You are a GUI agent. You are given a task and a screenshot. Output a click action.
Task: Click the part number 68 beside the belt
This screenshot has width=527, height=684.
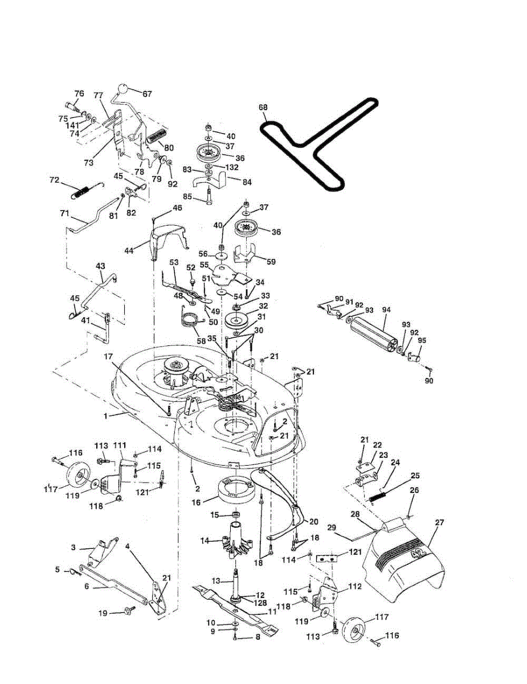pyautogui.click(x=263, y=107)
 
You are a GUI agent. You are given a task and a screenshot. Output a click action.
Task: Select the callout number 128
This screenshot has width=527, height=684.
pyautogui.click(x=260, y=602)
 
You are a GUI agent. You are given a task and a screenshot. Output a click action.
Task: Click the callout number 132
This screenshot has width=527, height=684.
pyautogui.click(x=232, y=168)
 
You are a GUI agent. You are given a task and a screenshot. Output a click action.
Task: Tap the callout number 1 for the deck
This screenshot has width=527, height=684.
pyautogui.click(x=105, y=417)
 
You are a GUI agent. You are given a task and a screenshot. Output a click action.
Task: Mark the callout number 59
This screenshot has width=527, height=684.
pyautogui.click(x=271, y=262)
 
